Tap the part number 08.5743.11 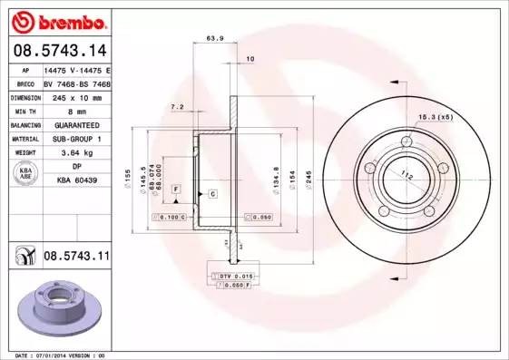pyautogui.click(x=76, y=258)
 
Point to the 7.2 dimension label pyautogui.click(x=178, y=107)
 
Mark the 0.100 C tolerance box pyautogui.click(x=171, y=218)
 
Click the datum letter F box pyautogui.click(x=176, y=188)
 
